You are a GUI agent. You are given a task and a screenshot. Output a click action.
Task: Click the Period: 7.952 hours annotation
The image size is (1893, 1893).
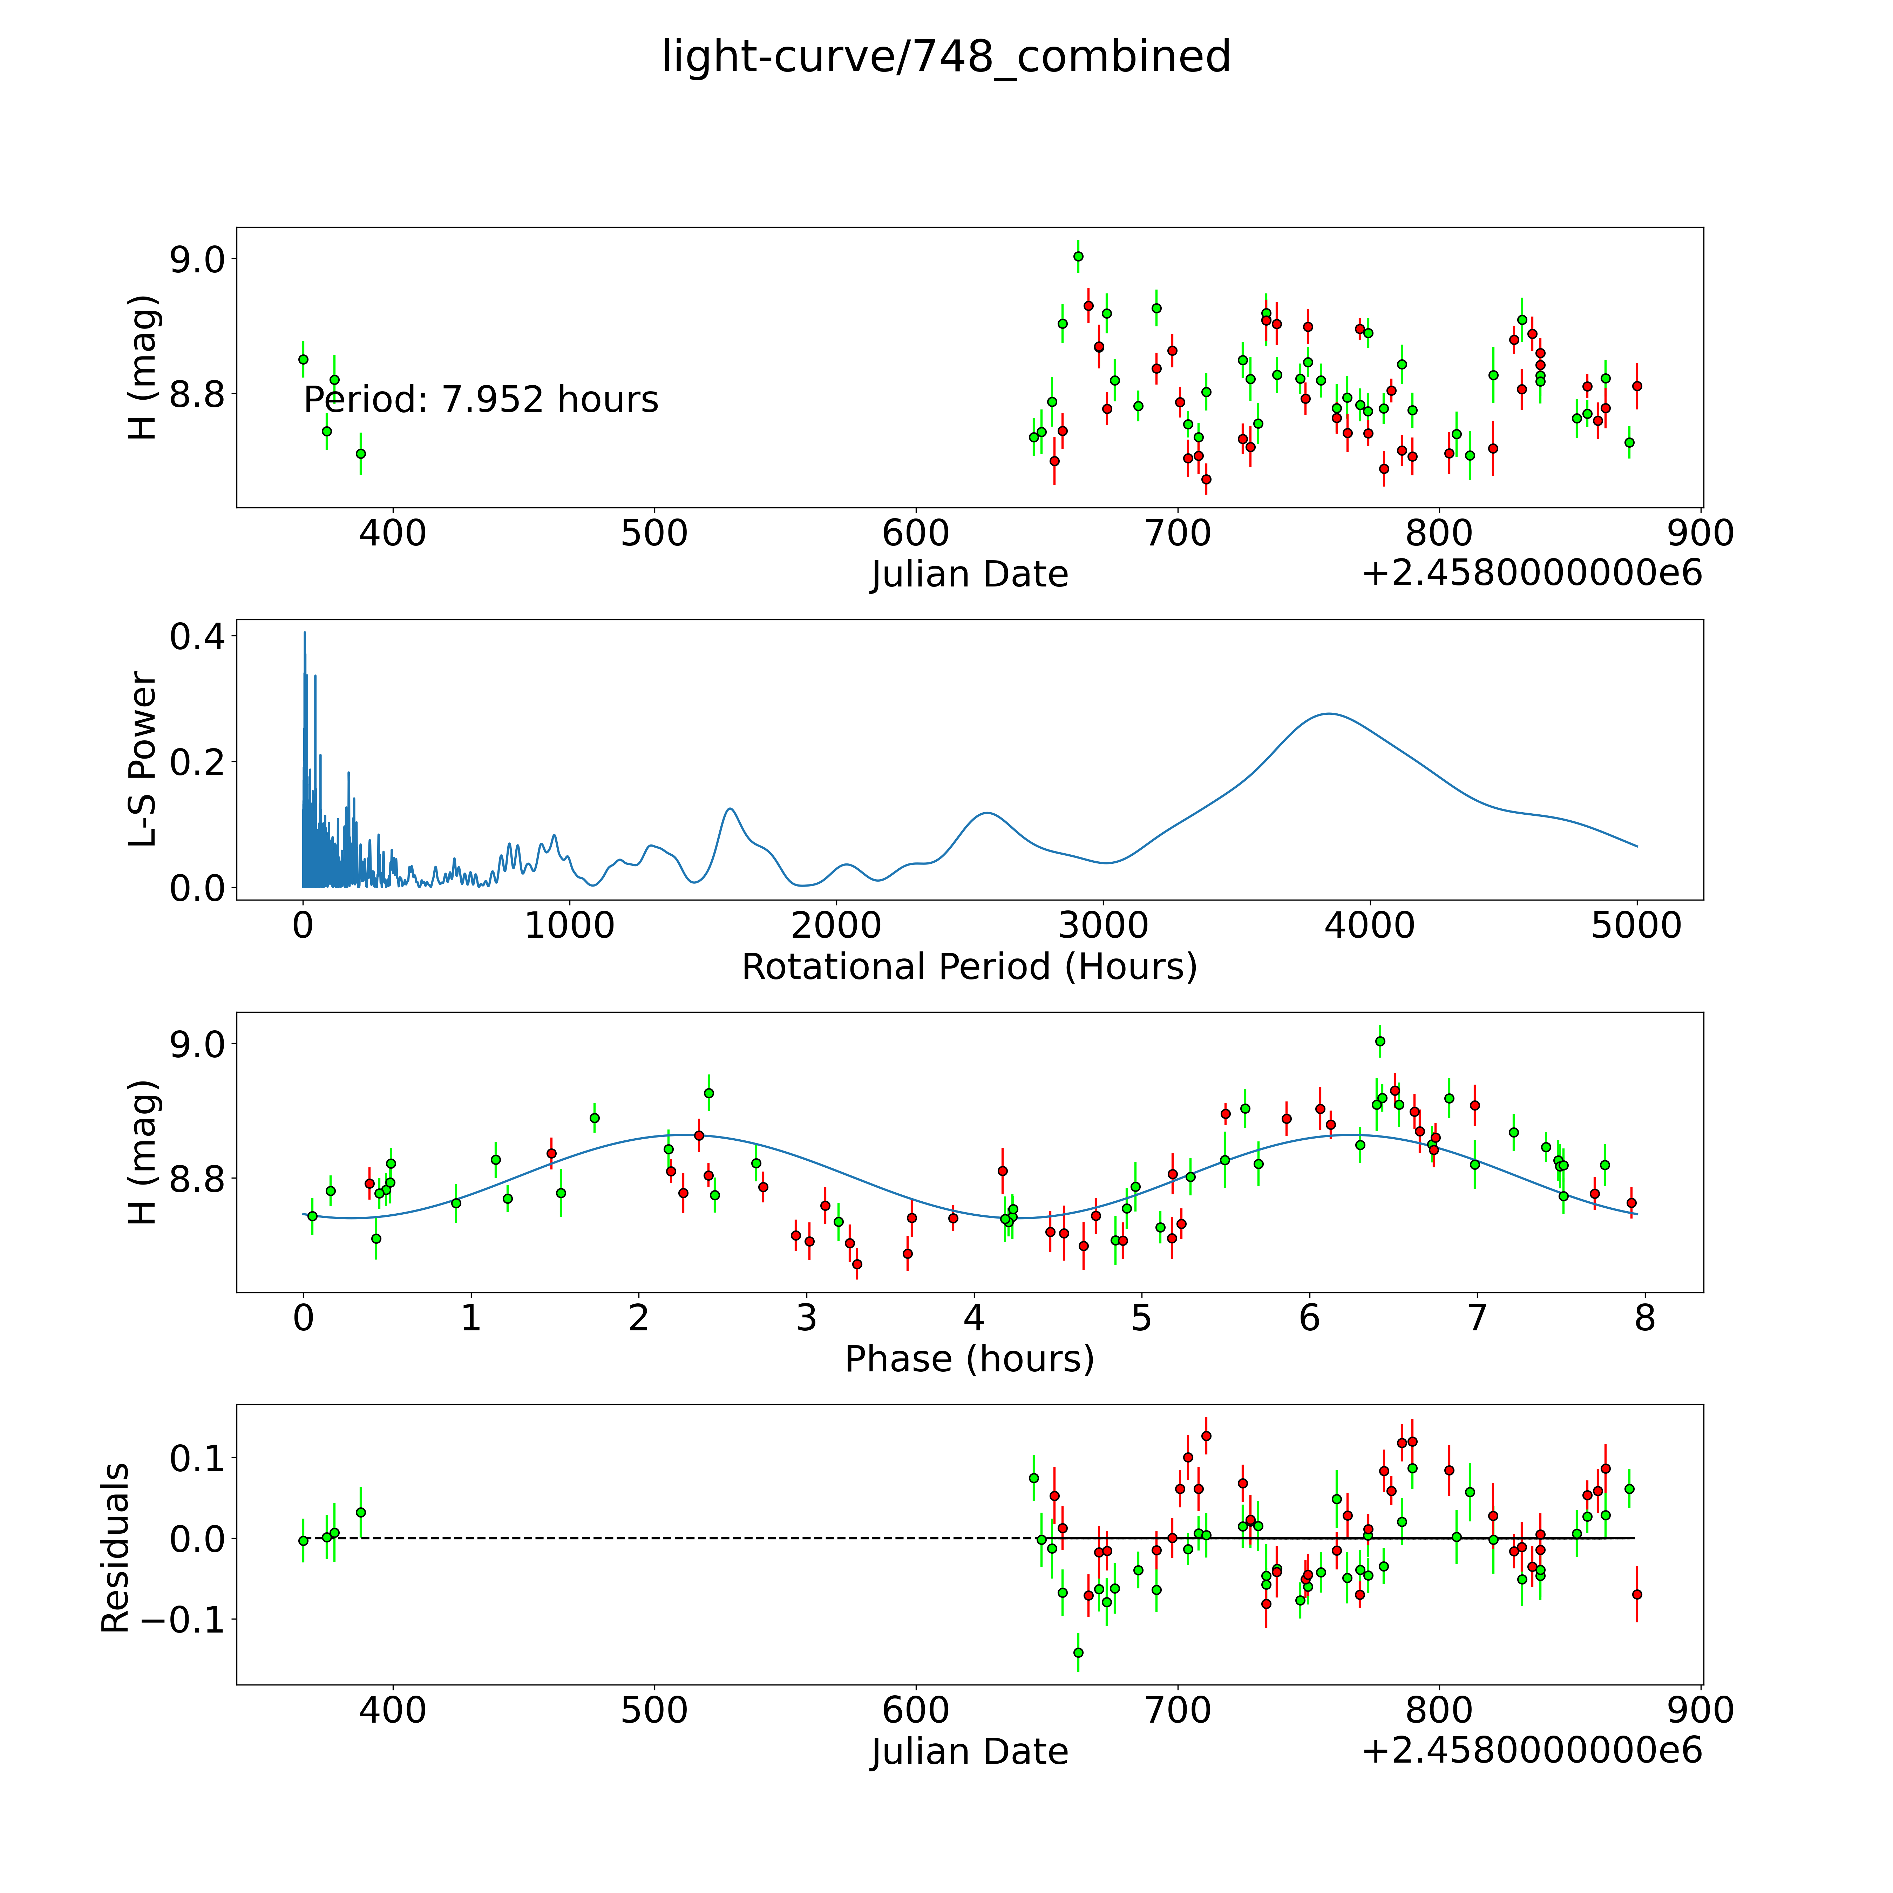click(x=481, y=400)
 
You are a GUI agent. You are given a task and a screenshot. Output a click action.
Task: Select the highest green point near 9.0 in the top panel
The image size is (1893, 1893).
click(x=1078, y=257)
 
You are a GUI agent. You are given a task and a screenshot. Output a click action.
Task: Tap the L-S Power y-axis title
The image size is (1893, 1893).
click(x=143, y=759)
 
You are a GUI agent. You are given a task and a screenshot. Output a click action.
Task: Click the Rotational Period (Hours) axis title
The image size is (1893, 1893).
click(x=969, y=967)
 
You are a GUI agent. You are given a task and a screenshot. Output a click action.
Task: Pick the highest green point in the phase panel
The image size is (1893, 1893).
click(x=1379, y=1042)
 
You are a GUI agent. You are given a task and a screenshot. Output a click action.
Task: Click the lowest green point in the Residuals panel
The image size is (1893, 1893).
click(x=1078, y=1653)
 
